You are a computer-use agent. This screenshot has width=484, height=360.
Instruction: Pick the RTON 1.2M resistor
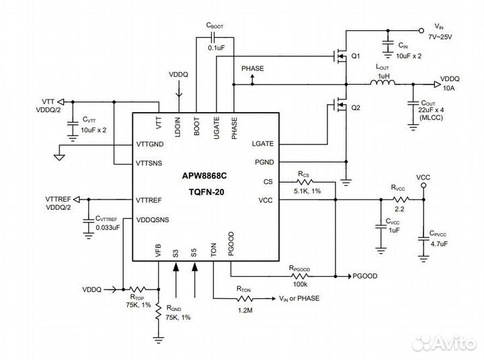245,298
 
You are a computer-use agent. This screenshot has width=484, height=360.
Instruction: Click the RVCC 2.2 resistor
399,199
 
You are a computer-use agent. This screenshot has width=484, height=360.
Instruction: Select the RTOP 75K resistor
137,290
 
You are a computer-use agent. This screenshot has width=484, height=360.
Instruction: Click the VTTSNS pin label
149,163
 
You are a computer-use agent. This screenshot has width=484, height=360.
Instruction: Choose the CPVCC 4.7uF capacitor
424,234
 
